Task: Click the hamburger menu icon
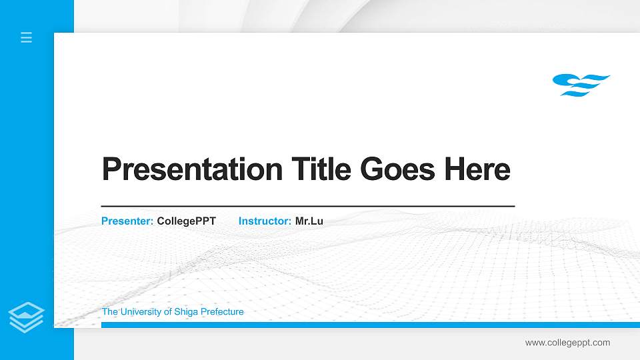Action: pyautogui.click(x=27, y=37)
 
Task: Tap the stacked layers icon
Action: pyautogui.click(x=26, y=317)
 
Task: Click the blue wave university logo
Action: pyautogui.click(x=581, y=85)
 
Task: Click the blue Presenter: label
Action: pyautogui.click(x=127, y=221)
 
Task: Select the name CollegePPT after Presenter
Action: pyautogui.click(x=187, y=221)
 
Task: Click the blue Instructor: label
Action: pyautogui.click(x=265, y=221)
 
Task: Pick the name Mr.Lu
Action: pyautogui.click(x=309, y=221)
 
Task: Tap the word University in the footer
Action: pyautogui.click(x=141, y=312)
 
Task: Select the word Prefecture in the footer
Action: pyautogui.click(x=223, y=312)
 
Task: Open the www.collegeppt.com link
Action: pyautogui.click(x=567, y=343)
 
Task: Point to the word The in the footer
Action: pyautogui.click(x=109, y=312)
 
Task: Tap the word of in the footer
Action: pyautogui.click(x=167, y=312)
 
